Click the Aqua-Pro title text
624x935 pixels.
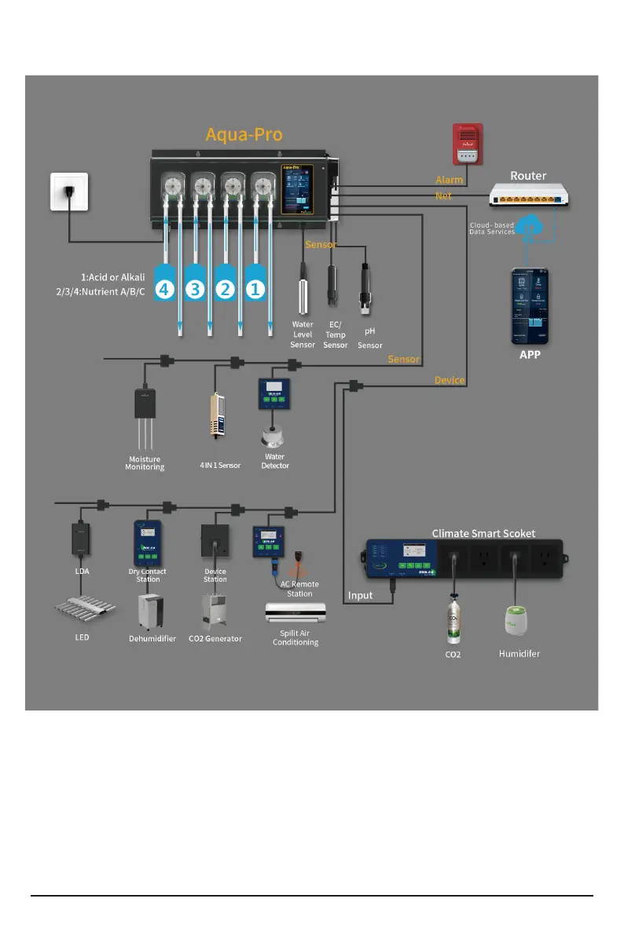244,134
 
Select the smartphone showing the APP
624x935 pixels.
529,306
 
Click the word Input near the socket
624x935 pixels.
361,596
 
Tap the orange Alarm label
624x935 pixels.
450,180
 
